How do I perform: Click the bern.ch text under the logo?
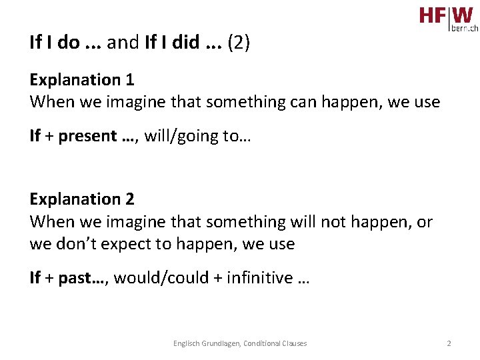(465, 29)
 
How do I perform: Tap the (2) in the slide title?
(239, 43)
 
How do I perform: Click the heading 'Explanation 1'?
(82, 80)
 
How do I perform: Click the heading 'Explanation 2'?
(82, 199)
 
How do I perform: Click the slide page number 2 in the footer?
(449, 343)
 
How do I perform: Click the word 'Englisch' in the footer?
(184, 343)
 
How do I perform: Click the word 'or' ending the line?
(425, 221)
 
